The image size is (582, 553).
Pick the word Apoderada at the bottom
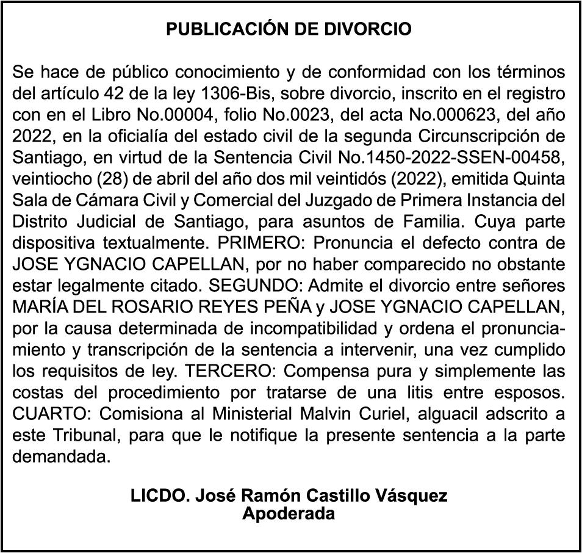coord(289,513)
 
